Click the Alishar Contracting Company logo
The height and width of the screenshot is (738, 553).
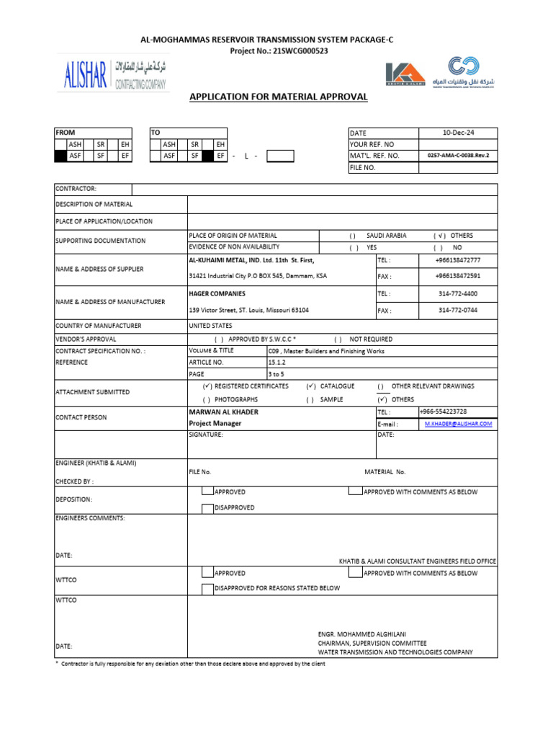coord(114,74)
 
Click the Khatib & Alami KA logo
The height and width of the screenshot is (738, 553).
coord(405,74)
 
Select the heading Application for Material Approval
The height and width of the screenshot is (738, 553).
coord(278,97)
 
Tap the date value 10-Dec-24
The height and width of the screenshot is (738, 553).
coord(458,133)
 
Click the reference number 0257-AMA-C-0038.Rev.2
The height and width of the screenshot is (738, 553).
coord(458,156)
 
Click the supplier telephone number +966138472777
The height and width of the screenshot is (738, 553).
coord(457,260)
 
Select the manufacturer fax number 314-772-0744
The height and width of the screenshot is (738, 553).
coord(457,311)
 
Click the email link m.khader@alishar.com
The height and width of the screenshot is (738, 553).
coord(458,424)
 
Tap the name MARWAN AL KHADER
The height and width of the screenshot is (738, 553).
coord(223,412)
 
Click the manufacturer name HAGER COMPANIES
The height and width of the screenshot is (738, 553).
coord(217,294)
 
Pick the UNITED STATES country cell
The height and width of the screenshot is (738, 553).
coord(210,326)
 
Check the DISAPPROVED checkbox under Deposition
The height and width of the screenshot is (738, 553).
coord(207,507)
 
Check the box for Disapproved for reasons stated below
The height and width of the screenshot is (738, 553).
coord(207,588)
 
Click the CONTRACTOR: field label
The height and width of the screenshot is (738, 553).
coord(76,189)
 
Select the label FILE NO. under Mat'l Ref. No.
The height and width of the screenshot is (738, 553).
coord(365,167)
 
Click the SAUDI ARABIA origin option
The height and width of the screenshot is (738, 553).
coord(386,236)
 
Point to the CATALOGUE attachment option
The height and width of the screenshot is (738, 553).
coord(337,386)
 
